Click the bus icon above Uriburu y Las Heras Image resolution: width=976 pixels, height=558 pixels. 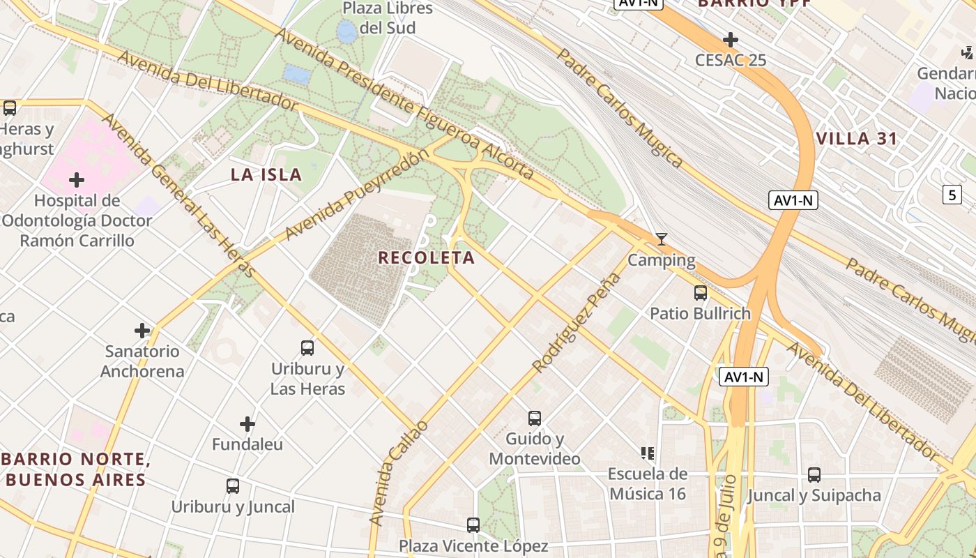[x=307, y=347]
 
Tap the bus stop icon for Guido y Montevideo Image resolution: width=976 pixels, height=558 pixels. [x=535, y=418]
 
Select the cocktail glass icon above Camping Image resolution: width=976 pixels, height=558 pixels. [x=662, y=239]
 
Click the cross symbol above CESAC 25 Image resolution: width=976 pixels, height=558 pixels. [x=730, y=39]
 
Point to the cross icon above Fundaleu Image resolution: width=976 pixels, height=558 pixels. [x=247, y=423]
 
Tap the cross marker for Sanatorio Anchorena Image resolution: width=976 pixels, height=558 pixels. [x=142, y=330]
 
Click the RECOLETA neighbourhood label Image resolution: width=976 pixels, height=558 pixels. [x=426, y=257]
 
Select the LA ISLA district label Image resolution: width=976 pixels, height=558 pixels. [x=266, y=174]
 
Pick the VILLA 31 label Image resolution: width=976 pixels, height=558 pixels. [x=857, y=138]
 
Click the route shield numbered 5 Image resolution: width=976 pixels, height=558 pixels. [x=952, y=195]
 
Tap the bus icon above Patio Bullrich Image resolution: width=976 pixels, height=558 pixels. [x=700, y=293]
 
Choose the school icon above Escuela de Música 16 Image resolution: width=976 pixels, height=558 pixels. [x=648, y=453]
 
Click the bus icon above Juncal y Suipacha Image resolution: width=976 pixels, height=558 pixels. [x=814, y=475]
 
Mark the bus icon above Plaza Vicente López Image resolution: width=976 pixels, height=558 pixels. [x=473, y=525]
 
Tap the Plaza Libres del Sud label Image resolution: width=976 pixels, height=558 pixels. [x=388, y=18]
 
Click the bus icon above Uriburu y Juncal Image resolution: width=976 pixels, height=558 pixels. [x=233, y=486]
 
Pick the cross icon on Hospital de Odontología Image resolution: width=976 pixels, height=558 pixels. [x=77, y=181]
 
